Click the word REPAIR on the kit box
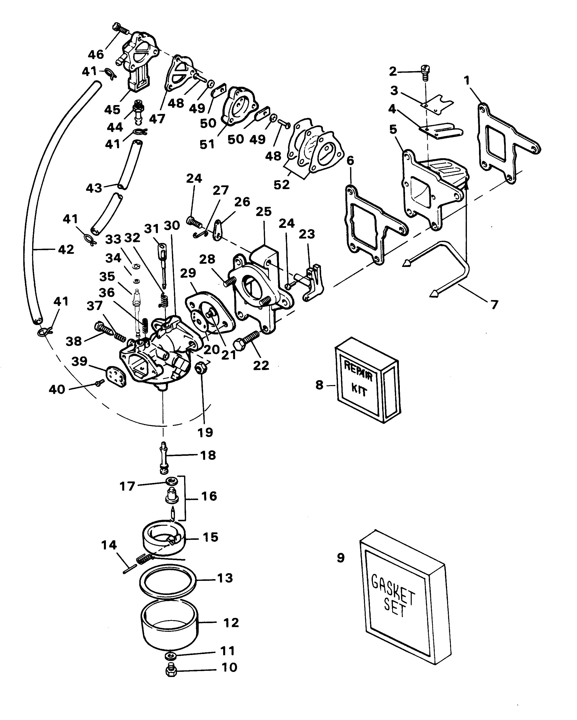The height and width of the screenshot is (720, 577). (358, 369)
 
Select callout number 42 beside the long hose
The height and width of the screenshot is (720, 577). (66, 249)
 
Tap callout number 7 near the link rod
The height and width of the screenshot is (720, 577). (494, 304)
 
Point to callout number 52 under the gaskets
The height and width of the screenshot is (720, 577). (282, 185)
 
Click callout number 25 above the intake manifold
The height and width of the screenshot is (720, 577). (264, 211)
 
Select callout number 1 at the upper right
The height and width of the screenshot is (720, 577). (467, 81)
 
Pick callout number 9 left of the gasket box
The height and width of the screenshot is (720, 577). (340, 558)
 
